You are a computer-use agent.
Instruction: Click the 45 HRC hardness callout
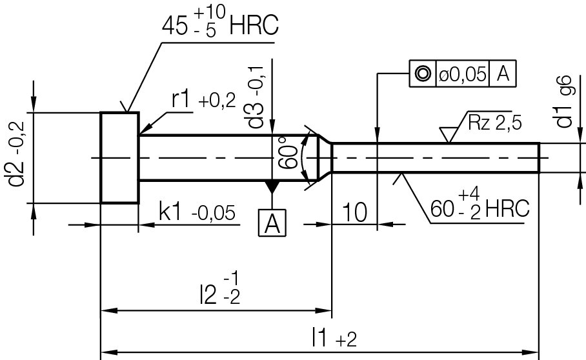[219, 25]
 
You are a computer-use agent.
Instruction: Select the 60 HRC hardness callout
[480, 207]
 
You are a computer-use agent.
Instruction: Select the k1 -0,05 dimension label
[197, 212]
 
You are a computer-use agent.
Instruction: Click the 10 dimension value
[354, 212]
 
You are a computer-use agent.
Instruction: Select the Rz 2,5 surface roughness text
[495, 123]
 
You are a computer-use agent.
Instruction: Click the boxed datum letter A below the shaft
[272, 223]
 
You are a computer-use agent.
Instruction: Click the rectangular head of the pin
[119, 157]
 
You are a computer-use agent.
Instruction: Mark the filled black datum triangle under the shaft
[272, 186]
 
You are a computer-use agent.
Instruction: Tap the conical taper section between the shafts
[325, 157]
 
